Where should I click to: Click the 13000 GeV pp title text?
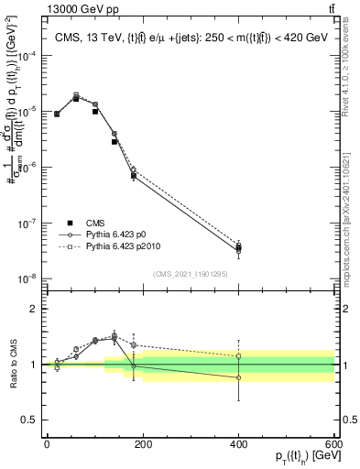coord(42,7)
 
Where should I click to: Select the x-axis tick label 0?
coord(47,444)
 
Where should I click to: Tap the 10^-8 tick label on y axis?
coord(27,279)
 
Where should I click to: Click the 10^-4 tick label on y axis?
coord(27,56)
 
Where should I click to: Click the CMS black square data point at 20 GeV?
coord(57,115)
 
